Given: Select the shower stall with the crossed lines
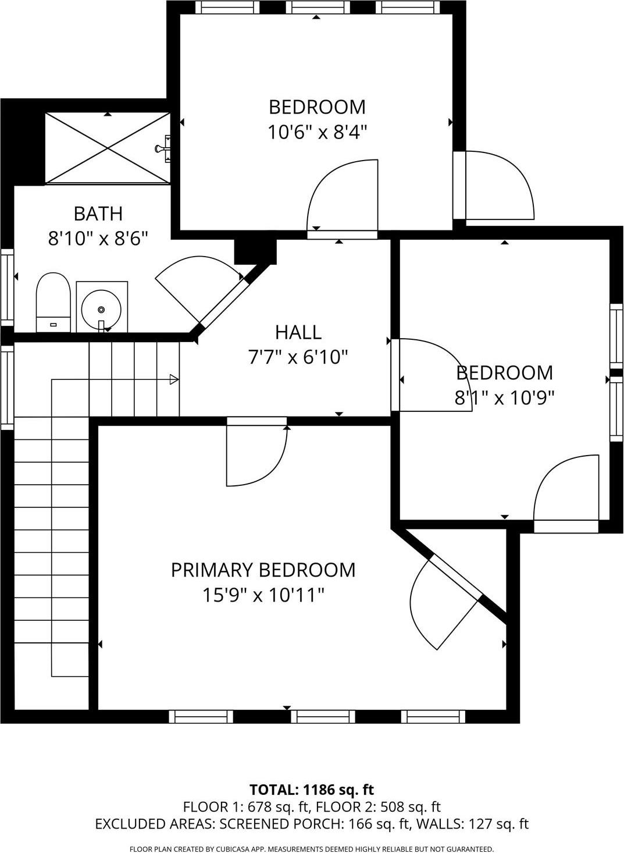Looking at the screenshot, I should point(108,148).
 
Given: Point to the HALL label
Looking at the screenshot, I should point(298,332).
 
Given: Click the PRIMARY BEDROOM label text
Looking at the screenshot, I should point(263,570).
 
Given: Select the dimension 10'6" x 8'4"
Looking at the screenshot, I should point(318,133).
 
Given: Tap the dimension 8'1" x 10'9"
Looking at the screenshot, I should point(504,398).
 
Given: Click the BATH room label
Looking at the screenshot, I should point(98,214).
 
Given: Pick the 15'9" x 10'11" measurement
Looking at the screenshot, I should point(263,595).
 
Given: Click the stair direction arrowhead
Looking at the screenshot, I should point(173,380).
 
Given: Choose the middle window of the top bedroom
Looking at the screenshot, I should point(318,8).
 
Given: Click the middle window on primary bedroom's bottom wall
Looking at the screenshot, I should point(323,716).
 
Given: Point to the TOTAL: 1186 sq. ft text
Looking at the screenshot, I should point(311,790).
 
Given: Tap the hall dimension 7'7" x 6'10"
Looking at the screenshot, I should point(298,357).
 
